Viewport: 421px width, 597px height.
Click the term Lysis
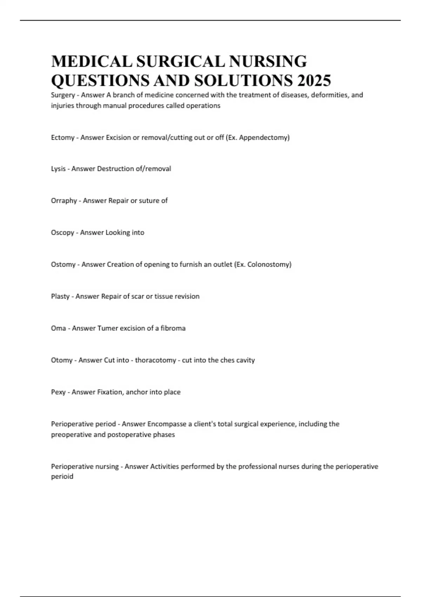click(58, 169)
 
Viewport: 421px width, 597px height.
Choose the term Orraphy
click(64, 201)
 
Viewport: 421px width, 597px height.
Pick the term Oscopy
click(62, 233)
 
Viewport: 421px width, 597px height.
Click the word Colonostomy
click(269, 264)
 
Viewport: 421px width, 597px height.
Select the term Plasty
click(60, 296)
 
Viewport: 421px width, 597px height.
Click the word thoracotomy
click(156, 360)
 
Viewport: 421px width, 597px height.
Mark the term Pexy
click(58, 392)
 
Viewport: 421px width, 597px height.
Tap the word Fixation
click(110, 392)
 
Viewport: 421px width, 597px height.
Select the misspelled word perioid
click(62, 477)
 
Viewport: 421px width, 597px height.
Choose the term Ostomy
click(63, 264)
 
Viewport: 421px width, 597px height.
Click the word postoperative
click(126, 435)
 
